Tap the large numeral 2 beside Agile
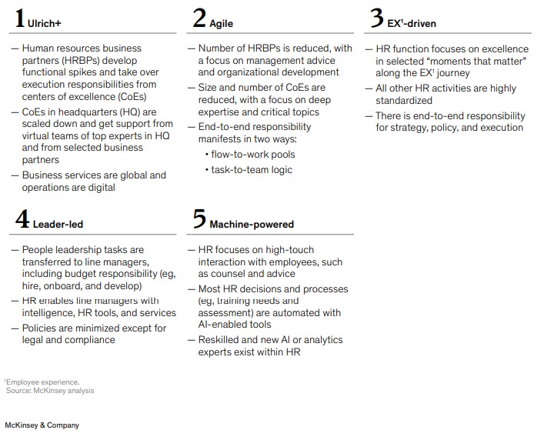coord(199,19)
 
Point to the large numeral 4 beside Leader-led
coord(22,220)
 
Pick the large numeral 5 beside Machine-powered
coord(199,220)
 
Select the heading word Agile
coord(222,24)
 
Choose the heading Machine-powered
coord(252,225)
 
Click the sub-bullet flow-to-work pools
coord(252,154)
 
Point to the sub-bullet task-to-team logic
coord(252,169)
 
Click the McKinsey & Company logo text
coord(42,425)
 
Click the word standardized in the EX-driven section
coord(405,101)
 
